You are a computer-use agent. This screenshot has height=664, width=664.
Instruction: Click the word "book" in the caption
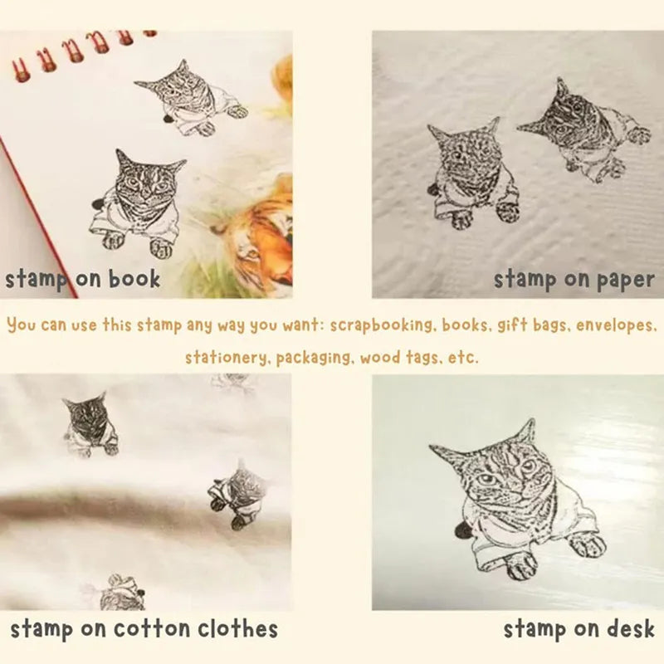point(134,279)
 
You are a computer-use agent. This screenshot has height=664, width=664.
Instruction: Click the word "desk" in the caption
point(631,629)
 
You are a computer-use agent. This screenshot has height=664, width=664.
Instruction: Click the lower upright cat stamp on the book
point(138,203)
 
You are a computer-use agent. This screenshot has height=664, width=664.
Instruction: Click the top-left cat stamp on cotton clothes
point(90,425)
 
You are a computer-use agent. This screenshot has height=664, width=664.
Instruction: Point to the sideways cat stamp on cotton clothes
point(237,495)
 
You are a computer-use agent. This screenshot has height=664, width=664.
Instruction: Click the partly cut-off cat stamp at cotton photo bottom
point(115,593)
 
